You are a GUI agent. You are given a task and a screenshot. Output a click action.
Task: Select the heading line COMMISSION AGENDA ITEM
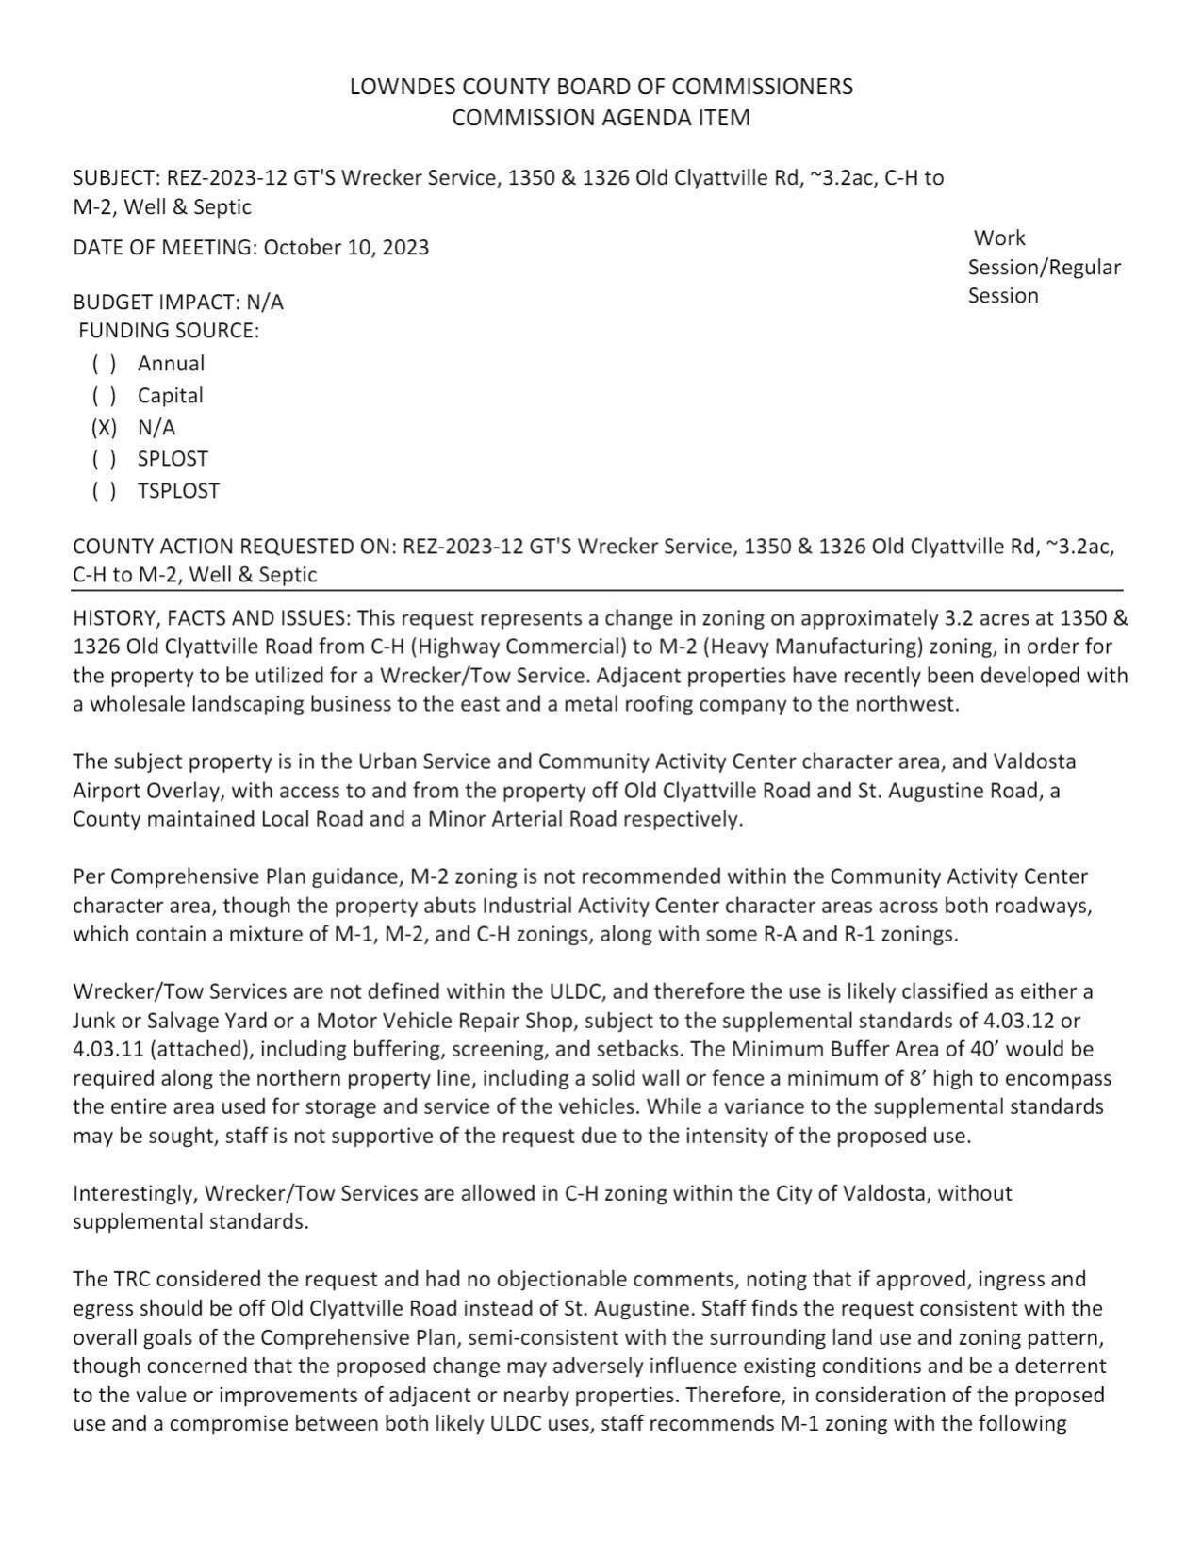point(601,118)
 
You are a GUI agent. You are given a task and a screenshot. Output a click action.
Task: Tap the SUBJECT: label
point(116,178)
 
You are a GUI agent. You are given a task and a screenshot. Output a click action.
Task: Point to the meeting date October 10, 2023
point(346,248)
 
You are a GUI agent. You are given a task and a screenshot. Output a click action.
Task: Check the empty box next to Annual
point(104,364)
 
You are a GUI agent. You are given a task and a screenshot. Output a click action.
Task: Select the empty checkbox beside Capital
point(104,396)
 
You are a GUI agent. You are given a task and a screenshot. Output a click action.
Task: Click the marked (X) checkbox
point(104,428)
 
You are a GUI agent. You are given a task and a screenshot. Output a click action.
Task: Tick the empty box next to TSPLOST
point(104,491)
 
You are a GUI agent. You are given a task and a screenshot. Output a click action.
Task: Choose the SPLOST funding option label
point(173,459)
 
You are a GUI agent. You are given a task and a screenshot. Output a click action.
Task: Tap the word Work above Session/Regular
point(999,238)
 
